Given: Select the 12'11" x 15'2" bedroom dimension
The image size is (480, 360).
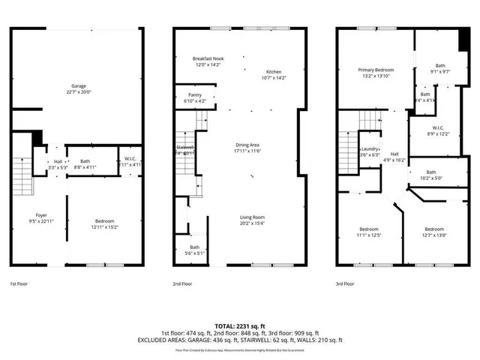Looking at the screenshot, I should pyautogui.click(x=104, y=226).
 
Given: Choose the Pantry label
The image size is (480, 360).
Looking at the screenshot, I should pyautogui.click(x=193, y=96).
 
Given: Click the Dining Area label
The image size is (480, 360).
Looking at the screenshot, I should pyautogui.click(x=247, y=148).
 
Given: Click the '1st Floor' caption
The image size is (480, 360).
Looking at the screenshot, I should pyautogui.click(x=19, y=284).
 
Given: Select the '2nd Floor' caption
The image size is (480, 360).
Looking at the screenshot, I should pyautogui.click(x=182, y=284).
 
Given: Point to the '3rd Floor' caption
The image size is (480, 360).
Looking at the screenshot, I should pyautogui.click(x=346, y=284).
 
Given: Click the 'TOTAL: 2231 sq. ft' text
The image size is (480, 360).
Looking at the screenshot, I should pyautogui.click(x=239, y=325).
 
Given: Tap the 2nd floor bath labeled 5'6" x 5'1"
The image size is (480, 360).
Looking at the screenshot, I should pyautogui.click(x=194, y=250).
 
